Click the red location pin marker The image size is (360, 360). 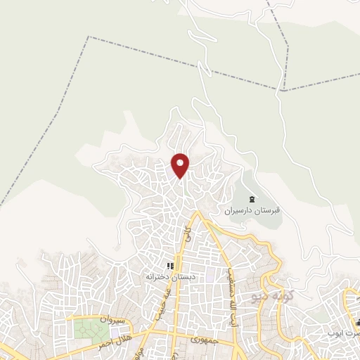click(181, 164)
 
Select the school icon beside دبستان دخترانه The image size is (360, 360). click(169, 266)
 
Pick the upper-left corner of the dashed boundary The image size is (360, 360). click(89, 37)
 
